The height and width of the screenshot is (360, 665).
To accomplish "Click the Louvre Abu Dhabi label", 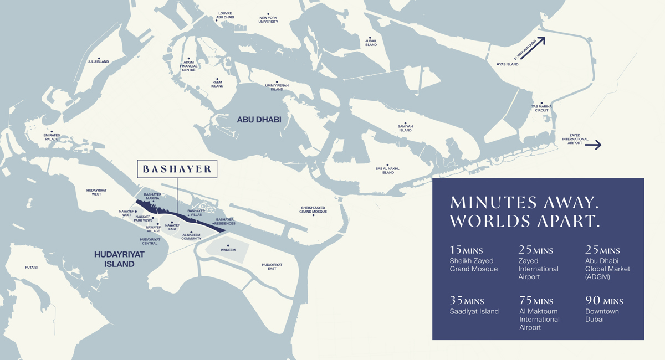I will coord(226,15).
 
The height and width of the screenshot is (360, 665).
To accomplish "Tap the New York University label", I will coord(268,19).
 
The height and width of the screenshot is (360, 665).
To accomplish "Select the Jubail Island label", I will coord(371,43).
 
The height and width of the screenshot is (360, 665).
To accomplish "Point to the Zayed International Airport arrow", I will coord(592,145).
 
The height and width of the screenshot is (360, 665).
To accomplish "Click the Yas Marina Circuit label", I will coord(541,108).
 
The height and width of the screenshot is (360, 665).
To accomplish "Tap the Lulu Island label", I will coord(99,61).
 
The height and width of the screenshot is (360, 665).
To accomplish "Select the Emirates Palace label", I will coord(52,137).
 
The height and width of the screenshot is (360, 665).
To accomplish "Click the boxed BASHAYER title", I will coord(177,169).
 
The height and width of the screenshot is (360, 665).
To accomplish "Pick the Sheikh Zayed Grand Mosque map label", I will coord(313,209).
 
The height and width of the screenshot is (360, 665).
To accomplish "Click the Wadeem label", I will coord(228,250).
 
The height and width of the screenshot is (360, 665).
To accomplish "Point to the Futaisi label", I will coord(32,268).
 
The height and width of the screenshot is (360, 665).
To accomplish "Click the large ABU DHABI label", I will coord(259,120).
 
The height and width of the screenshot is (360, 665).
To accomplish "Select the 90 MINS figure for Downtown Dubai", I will coord(604,301).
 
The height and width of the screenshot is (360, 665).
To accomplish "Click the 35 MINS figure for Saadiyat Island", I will coord(467,301).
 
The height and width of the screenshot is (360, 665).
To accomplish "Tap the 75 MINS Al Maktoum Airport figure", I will coord(535,301).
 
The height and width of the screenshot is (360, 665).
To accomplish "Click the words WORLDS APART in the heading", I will coord(525,220).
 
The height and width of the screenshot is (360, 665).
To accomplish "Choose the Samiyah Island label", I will coord(405,128).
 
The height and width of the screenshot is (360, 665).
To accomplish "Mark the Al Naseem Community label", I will coord(191,236).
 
